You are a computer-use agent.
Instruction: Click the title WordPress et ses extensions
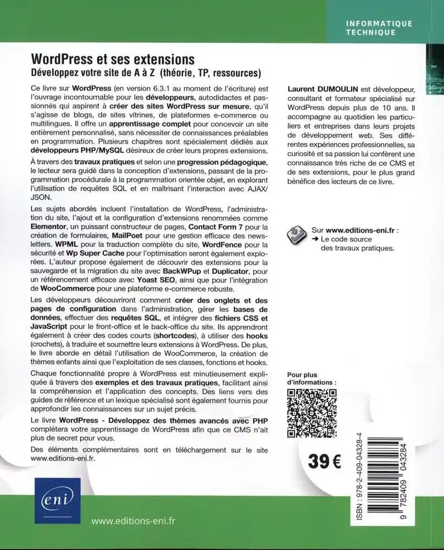click(113, 59)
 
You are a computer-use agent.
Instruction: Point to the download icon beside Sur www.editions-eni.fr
click(297, 235)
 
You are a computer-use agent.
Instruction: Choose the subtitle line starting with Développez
click(145, 73)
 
